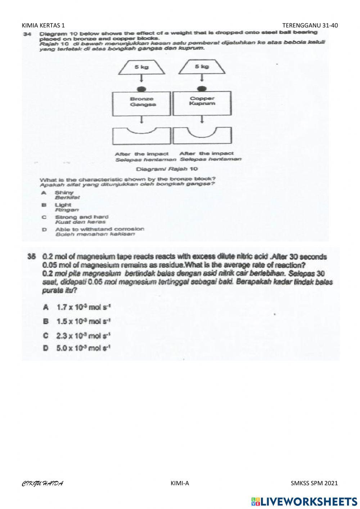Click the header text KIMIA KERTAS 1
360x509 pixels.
[44, 25]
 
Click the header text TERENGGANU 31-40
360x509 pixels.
[310, 25]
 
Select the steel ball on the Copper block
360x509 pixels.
[202, 89]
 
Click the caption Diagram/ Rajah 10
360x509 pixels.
[167, 169]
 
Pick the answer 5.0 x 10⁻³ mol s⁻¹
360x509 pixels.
[84, 348]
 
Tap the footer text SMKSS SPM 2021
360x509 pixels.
[314, 483]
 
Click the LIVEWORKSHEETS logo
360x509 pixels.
[304, 501]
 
